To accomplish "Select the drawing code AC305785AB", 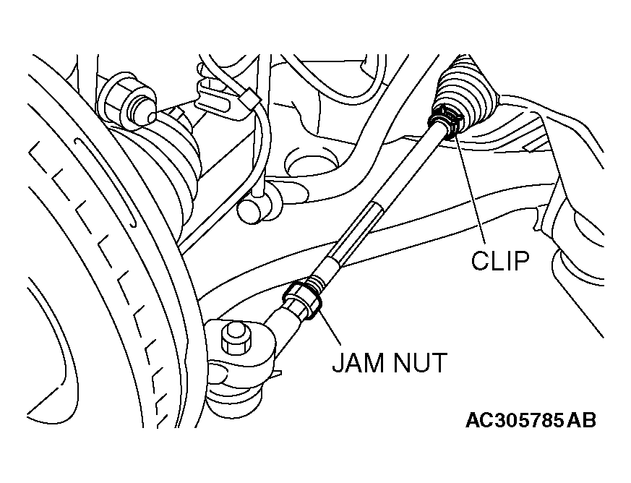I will [531, 421].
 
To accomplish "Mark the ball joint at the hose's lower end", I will [249, 209].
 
